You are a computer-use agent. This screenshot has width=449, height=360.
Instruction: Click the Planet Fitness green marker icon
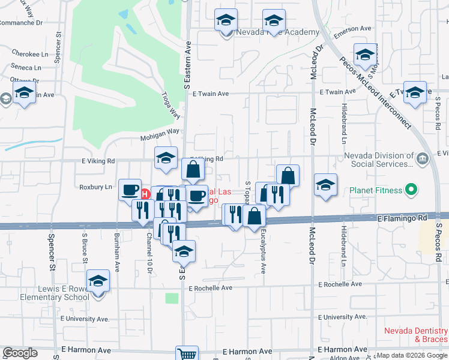pyautogui.click(x=411, y=191)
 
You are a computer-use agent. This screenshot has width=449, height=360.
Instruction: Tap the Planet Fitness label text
pyautogui.click(x=376, y=191)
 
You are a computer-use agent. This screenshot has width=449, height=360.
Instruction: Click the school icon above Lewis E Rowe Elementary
pyautogui.click(x=98, y=281)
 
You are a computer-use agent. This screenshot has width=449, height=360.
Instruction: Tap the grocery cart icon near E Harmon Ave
pyautogui.click(x=187, y=354)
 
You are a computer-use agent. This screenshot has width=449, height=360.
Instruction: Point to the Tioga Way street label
pyautogui.click(x=171, y=105)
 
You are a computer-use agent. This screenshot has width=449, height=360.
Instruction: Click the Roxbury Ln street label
pyautogui.click(x=96, y=187)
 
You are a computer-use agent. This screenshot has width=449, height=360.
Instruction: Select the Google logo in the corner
pyautogui.click(x=20, y=353)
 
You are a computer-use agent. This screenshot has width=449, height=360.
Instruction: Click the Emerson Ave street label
pyautogui.click(x=353, y=29)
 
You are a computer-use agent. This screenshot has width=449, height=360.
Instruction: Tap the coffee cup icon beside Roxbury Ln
pyautogui.click(x=130, y=190)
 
